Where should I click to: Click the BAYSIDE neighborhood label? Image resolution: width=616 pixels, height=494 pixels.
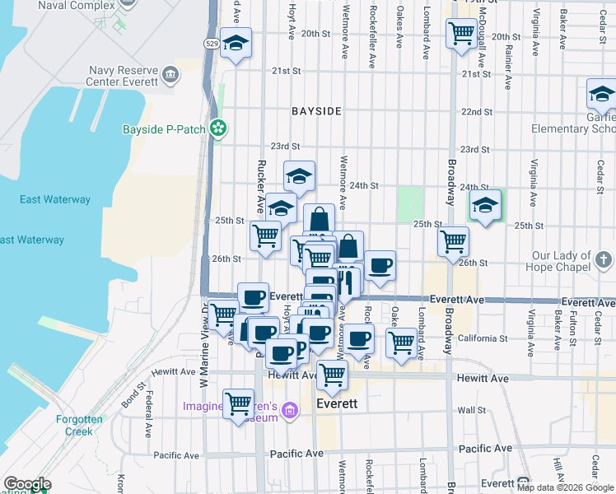(x=316, y=110)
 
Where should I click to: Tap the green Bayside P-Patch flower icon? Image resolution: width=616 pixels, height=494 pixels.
(x=218, y=128)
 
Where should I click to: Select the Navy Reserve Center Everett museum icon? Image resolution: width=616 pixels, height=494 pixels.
(x=171, y=75)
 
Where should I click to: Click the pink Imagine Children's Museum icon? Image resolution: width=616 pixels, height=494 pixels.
(x=289, y=409)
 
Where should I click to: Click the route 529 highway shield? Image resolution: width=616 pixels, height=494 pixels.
(x=212, y=42)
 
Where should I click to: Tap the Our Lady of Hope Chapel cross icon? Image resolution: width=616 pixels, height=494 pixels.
(x=605, y=261)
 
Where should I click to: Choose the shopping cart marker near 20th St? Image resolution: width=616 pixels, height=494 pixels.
(x=460, y=34)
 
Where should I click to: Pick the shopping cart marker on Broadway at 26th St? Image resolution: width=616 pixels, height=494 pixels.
(x=453, y=242)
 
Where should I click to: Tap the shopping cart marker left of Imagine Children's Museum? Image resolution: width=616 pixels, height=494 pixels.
(x=238, y=404)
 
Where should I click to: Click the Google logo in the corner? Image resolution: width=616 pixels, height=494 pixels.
(x=27, y=484)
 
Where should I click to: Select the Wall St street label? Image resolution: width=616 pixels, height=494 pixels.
(x=472, y=409)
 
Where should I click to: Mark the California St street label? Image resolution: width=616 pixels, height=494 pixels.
(x=482, y=338)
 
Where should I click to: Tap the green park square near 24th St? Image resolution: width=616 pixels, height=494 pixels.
(x=410, y=204)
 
